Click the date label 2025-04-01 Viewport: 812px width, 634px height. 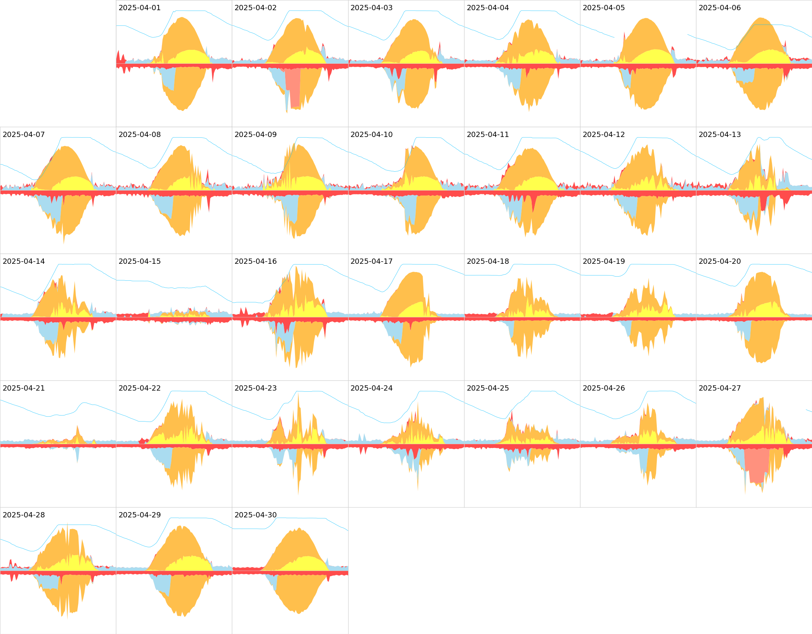click(139, 8)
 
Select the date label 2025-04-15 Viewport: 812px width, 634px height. click(139, 262)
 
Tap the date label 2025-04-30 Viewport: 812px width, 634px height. click(255, 515)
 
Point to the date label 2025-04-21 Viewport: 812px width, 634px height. click(23, 388)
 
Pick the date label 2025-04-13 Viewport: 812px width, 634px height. click(719, 135)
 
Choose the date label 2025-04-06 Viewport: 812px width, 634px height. click(719, 8)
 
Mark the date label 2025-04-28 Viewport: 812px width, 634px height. click(23, 515)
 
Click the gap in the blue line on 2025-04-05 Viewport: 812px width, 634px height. click(651, 36)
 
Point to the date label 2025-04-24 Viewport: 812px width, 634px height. click(371, 388)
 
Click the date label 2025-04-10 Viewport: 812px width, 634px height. click(371, 135)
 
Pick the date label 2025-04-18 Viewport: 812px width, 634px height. click(488, 262)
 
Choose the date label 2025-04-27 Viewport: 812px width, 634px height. click(719, 388)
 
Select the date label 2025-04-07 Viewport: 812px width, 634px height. click(23, 135)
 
